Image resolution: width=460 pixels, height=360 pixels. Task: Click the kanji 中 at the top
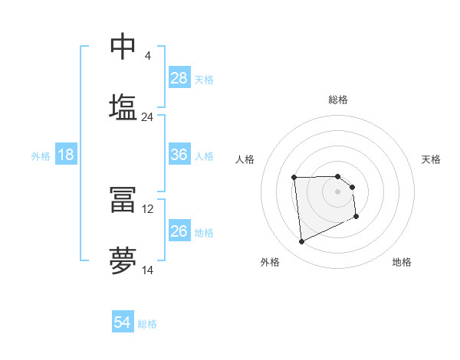coord(123,47)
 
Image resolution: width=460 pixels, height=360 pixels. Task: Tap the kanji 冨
coord(123,200)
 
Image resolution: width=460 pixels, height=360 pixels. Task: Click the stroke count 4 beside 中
coord(147,56)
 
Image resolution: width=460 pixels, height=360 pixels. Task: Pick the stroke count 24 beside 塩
coord(147,117)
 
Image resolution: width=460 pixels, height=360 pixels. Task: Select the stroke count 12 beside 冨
coord(147,208)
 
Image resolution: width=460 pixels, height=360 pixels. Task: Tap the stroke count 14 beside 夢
coord(147,270)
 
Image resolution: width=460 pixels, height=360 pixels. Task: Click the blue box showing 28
coord(179,78)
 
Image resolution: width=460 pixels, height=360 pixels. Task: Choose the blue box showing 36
coord(179,155)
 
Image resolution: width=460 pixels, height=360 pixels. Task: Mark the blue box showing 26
coord(179,231)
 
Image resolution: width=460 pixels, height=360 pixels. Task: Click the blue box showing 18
coord(66,155)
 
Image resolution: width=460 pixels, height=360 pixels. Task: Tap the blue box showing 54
coord(123,322)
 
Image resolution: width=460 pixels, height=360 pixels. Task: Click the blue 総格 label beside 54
coord(147,324)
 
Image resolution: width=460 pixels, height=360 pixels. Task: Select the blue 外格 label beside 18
coord(41,156)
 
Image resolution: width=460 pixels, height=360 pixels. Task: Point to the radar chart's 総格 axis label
coord(338,100)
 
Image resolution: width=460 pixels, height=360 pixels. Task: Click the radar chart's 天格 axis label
coord(431,159)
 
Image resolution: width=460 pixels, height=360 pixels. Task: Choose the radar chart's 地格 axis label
coord(402,263)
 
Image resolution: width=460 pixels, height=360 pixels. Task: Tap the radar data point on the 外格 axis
coord(301,242)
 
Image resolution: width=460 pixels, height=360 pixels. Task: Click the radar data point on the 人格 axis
coord(294,178)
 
